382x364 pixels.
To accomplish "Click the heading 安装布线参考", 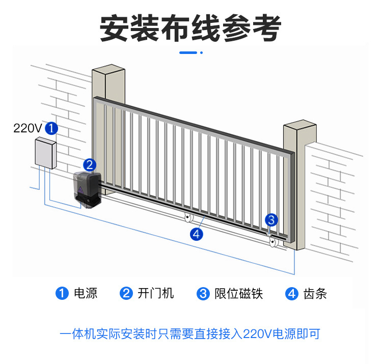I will pyautogui.click(x=190, y=29).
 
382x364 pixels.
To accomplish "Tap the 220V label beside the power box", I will pyautogui.click(x=28, y=128).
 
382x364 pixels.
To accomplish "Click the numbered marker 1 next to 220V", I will pyautogui.click(x=51, y=128).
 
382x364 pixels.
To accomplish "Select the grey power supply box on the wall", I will pyautogui.click(x=45, y=152).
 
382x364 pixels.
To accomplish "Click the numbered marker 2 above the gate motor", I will pyautogui.click(x=89, y=164).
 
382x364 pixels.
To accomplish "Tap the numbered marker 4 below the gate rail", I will pyautogui.click(x=197, y=234).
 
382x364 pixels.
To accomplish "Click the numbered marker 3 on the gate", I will pyautogui.click(x=271, y=220).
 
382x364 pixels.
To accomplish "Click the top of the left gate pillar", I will pyautogui.click(x=108, y=70).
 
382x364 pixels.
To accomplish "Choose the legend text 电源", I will pyautogui.click(x=86, y=293).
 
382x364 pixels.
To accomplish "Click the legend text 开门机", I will pyautogui.click(x=155, y=293).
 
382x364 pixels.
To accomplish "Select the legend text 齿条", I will pyautogui.click(x=314, y=293).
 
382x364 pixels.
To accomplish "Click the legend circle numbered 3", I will pyautogui.click(x=203, y=294).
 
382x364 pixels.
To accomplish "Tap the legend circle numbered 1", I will pyautogui.click(x=62, y=294).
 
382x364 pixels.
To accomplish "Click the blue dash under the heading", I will pyautogui.click(x=189, y=52).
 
